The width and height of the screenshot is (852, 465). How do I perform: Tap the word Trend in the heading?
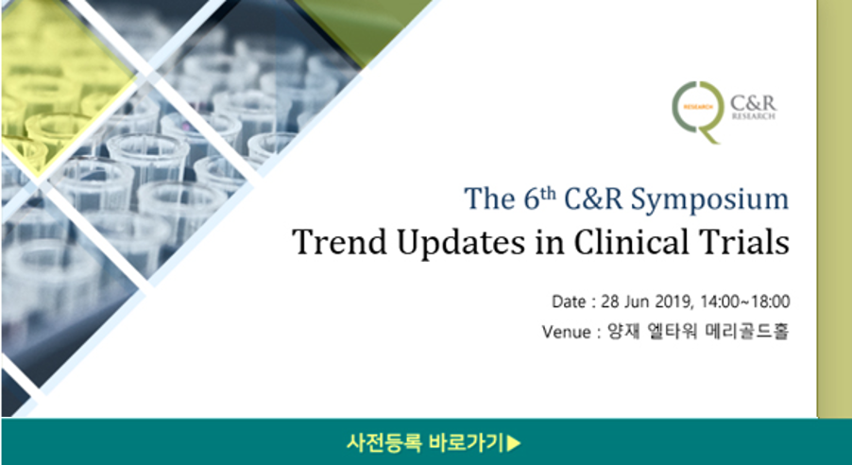pos(339,242)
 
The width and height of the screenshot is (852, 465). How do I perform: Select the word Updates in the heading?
pos(461,244)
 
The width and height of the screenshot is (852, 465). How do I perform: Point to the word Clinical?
pos(623,242)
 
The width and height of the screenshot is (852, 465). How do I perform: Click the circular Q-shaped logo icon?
pos(698,112)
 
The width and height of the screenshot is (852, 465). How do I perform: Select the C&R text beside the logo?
pos(753,103)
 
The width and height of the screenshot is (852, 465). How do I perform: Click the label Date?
pos(569,301)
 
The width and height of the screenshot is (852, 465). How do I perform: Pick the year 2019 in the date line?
pos(673,301)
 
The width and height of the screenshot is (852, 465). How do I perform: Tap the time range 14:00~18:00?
pos(745,301)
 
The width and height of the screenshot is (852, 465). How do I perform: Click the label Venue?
pos(566,331)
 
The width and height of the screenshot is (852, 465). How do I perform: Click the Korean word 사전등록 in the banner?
pos(384,442)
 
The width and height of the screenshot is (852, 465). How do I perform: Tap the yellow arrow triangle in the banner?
pos(514,443)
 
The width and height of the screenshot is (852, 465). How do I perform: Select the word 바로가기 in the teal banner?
pos(467,442)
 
